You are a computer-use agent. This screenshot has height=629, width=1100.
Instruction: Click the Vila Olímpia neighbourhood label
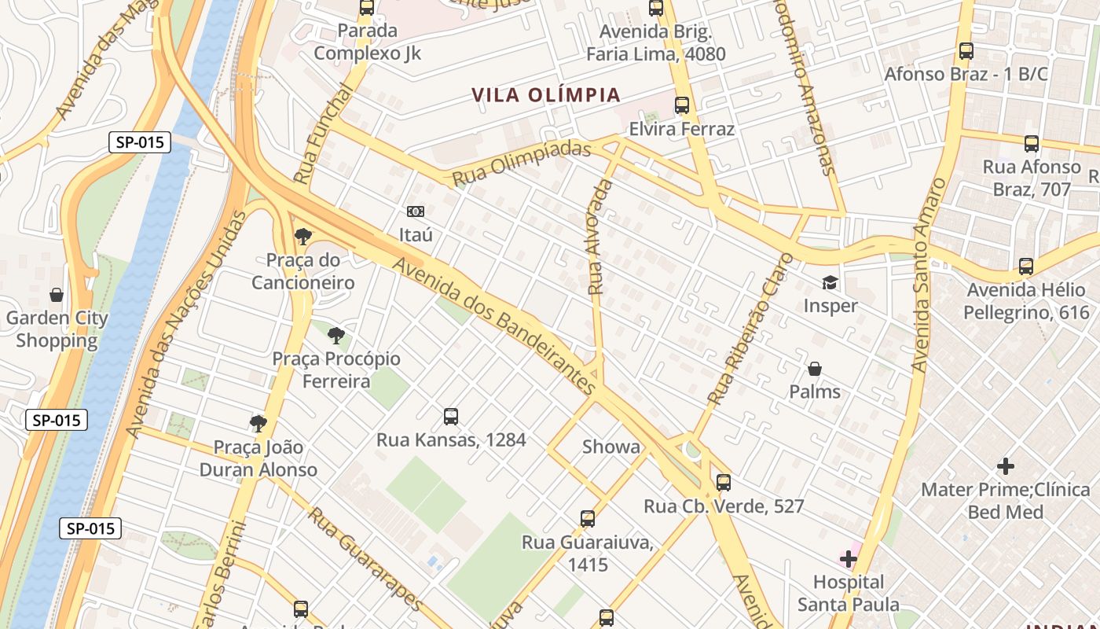point(546,95)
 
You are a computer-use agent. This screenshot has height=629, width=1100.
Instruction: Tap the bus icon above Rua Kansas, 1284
point(450,417)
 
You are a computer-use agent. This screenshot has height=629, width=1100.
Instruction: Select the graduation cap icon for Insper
point(830,282)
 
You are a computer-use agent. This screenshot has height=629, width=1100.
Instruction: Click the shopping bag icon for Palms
point(815,369)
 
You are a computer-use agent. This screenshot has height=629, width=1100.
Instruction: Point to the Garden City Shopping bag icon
point(56,296)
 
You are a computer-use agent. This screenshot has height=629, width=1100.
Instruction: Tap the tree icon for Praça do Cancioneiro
point(302,236)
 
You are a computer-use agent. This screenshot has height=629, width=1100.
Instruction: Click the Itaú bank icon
point(415,212)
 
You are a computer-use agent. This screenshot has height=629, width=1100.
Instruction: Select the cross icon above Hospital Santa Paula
point(848,559)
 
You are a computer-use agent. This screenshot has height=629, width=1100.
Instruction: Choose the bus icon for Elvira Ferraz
point(681,105)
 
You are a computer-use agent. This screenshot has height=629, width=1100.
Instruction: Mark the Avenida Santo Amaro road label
point(929,275)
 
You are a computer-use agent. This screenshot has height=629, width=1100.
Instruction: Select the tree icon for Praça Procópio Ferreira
point(336,337)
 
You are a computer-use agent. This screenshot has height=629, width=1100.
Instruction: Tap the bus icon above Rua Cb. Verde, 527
point(723,483)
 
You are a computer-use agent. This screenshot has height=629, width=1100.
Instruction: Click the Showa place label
point(610,447)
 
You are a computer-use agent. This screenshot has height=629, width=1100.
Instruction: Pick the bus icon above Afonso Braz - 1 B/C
point(966,51)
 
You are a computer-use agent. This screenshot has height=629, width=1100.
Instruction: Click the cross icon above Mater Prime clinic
point(1005,466)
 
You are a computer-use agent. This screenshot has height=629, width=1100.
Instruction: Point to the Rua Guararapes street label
point(365,558)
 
